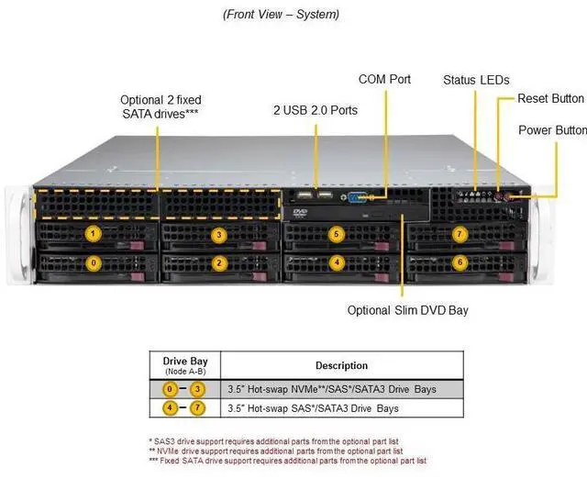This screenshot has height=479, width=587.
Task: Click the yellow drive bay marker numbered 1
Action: coord(93,234)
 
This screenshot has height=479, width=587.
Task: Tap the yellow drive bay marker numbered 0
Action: coord(94,263)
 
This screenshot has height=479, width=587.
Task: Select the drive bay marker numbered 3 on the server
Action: coord(219,235)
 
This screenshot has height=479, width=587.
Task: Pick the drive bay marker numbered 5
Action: coord(337,234)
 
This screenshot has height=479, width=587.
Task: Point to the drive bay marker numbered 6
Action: coord(460,263)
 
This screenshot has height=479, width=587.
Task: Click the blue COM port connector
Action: coord(357,197)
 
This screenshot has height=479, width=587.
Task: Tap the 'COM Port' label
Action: coord(384,80)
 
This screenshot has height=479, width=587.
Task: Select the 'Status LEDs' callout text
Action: coord(476,80)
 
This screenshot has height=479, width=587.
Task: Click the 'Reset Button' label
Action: coord(550,99)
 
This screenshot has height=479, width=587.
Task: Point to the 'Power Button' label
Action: coord(552,130)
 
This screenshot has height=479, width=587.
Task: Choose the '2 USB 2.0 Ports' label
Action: coord(316,110)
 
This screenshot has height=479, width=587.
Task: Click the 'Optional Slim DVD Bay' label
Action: coord(407,310)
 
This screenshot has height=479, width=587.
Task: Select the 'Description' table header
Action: coord(341,365)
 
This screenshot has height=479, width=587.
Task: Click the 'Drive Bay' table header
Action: coord(185,362)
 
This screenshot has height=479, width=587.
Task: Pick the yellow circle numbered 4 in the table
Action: coord(170,407)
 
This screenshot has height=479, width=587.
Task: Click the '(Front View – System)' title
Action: coord(282,15)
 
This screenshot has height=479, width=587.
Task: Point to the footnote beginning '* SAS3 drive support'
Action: coord(273,441)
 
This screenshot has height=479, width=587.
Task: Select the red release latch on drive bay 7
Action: coord(506,246)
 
